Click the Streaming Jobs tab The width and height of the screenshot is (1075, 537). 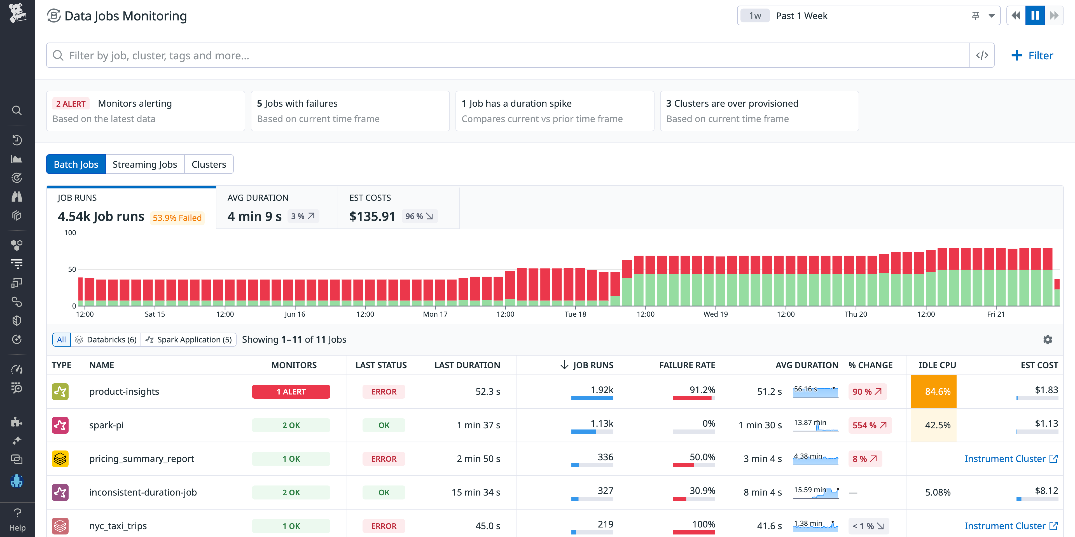144,164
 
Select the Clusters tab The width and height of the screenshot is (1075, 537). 209,164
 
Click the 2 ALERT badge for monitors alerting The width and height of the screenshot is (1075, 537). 71,104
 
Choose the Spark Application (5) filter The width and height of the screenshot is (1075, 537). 189,340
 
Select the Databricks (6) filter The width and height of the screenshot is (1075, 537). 106,340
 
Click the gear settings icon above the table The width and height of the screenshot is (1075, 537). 1048,340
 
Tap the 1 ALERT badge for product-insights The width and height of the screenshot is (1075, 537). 291,392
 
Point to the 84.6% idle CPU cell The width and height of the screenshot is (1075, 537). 937,392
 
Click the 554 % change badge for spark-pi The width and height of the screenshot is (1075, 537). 869,425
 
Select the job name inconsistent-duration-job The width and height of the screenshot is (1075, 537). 143,492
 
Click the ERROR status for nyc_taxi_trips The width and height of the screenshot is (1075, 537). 384,526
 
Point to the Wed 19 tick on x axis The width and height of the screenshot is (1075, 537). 715,314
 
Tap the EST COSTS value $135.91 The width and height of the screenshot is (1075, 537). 372,216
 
